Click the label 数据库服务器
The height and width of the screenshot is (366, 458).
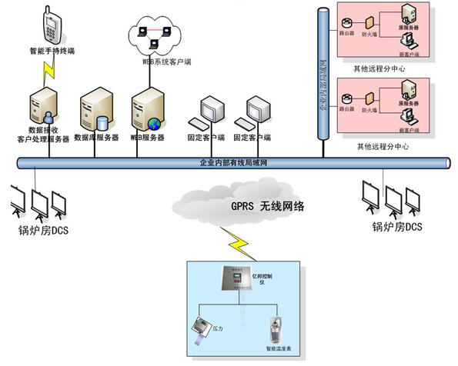[96, 138]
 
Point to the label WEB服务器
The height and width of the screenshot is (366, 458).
[147, 138]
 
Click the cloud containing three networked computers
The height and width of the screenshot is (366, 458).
[156, 34]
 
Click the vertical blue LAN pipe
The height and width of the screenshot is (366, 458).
[323, 77]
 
